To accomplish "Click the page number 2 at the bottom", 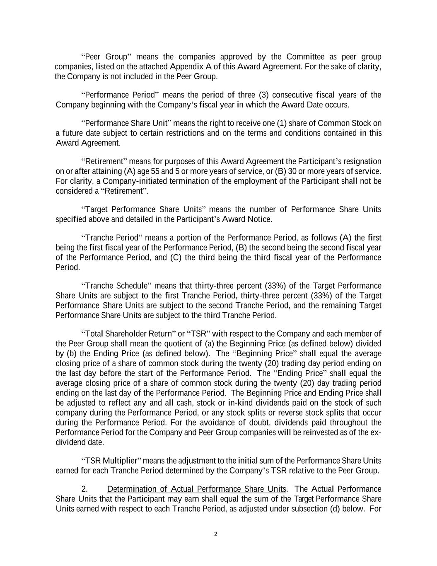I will pos(215,534).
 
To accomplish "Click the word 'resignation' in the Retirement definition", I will pos(361,161).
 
